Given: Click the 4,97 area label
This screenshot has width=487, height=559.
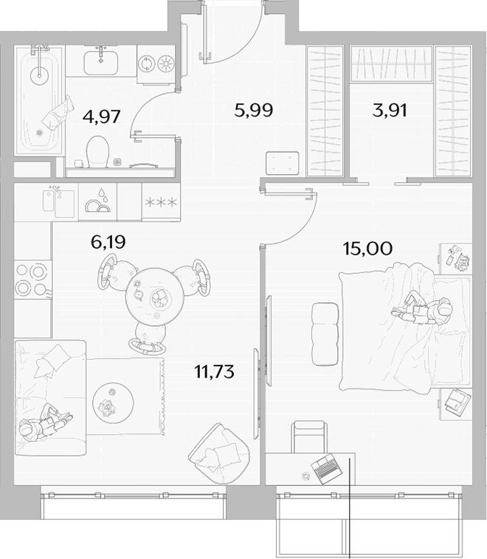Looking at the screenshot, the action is tap(101, 117).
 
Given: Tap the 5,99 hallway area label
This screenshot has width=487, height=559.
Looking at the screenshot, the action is tap(254, 110).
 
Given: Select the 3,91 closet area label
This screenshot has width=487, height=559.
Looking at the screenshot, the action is tap(390, 110).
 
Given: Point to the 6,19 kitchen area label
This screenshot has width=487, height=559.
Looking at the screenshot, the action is tap(108, 243).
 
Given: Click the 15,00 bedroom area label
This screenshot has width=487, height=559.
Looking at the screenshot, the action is tap(367, 248).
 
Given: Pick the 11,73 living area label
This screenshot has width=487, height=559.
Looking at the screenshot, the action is tap(215, 372).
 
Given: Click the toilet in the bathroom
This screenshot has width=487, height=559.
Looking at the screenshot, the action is tap(97, 151).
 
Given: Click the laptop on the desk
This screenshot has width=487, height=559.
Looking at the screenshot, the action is tap(326, 468).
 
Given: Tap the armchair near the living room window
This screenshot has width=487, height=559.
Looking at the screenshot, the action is tap(219, 454).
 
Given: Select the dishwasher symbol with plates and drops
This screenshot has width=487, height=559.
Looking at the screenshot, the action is tap(97, 202).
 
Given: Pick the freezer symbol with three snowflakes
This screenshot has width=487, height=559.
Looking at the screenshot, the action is tap(161, 203).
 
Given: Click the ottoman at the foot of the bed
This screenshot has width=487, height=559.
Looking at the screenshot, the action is tap(325, 334).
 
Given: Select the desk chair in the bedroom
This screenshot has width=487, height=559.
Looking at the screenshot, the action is tap(309, 437).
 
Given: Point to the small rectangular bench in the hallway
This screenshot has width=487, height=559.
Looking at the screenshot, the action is tap(283, 163).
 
